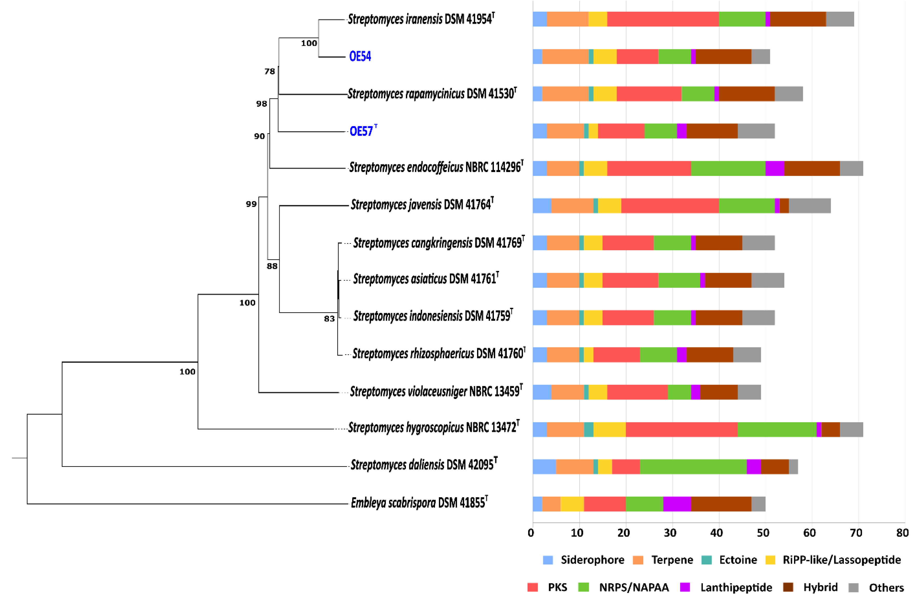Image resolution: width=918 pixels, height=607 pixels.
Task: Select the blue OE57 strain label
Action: click(362, 131)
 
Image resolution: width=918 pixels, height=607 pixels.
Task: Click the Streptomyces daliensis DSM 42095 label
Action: click(423, 465)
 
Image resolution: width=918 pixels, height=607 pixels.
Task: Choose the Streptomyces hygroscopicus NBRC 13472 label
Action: click(433, 427)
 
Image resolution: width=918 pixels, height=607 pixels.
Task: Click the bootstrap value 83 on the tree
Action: click(329, 319)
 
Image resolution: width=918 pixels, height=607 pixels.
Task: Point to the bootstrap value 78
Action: click(270, 71)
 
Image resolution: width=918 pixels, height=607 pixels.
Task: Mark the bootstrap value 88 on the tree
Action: click(272, 266)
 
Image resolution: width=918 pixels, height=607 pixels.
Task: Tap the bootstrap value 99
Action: click(251, 204)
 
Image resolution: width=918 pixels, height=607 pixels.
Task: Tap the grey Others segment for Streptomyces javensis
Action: click(809, 205)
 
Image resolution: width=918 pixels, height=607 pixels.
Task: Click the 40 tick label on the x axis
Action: click(716, 533)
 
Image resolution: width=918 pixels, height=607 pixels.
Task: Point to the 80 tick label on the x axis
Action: click(902, 533)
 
